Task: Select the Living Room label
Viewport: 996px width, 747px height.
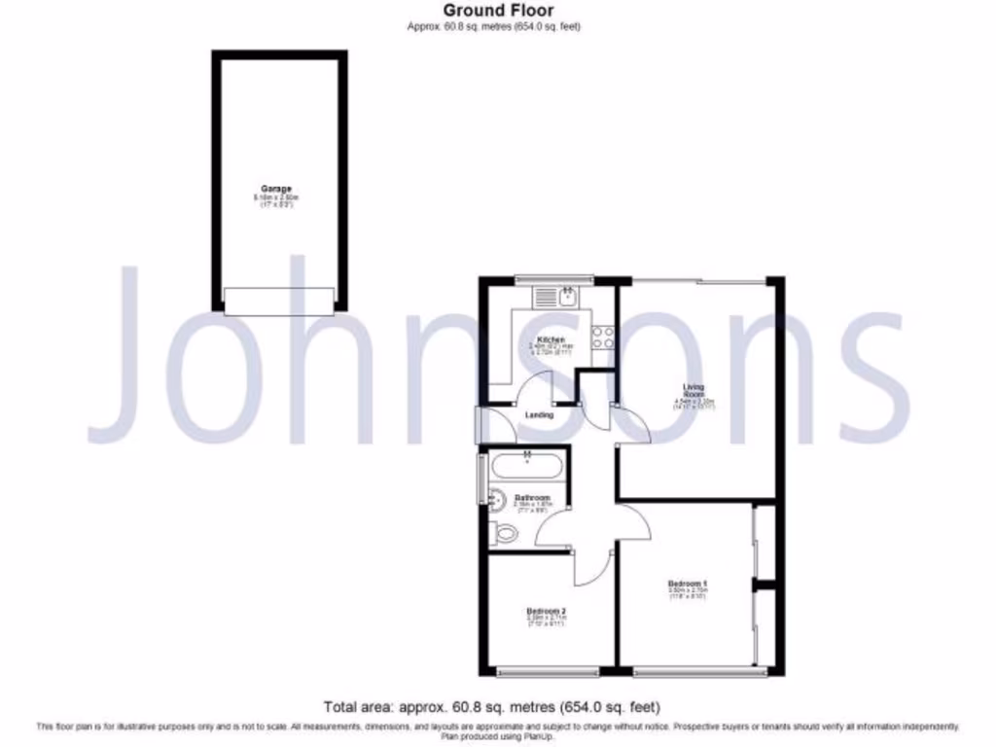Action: pos(694,389)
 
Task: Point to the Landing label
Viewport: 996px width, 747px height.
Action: pos(540,415)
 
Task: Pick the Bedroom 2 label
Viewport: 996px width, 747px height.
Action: pos(546,612)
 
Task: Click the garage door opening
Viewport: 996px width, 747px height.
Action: pos(279,301)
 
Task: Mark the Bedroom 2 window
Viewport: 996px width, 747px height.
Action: pos(547,671)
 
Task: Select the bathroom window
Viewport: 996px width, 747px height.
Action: pos(480,477)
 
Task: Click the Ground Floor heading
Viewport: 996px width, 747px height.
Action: pos(498,11)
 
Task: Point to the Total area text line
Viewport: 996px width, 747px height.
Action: pos(497,707)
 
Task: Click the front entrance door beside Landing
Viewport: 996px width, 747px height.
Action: pos(480,425)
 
